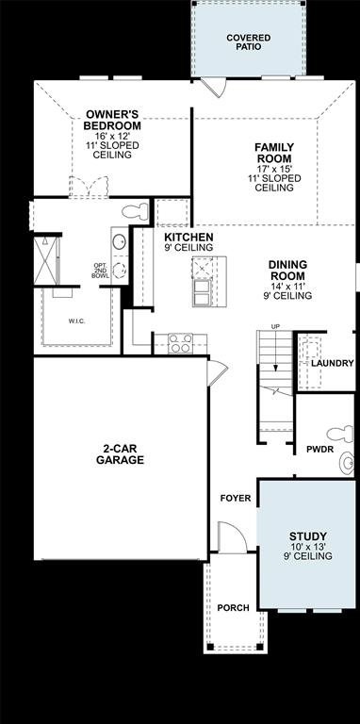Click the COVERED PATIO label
click(248, 42)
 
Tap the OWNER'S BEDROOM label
click(112, 120)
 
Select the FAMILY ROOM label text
click(274, 153)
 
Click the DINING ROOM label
click(287, 271)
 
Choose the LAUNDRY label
click(333, 363)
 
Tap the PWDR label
click(319, 449)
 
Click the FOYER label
click(236, 497)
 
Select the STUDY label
click(307, 537)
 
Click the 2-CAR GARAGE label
click(120, 454)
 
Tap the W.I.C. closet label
click(78, 321)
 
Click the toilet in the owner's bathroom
click(138, 209)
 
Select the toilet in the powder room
click(346, 462)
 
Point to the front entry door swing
click(231, 537)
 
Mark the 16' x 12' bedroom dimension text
click(112, 137)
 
